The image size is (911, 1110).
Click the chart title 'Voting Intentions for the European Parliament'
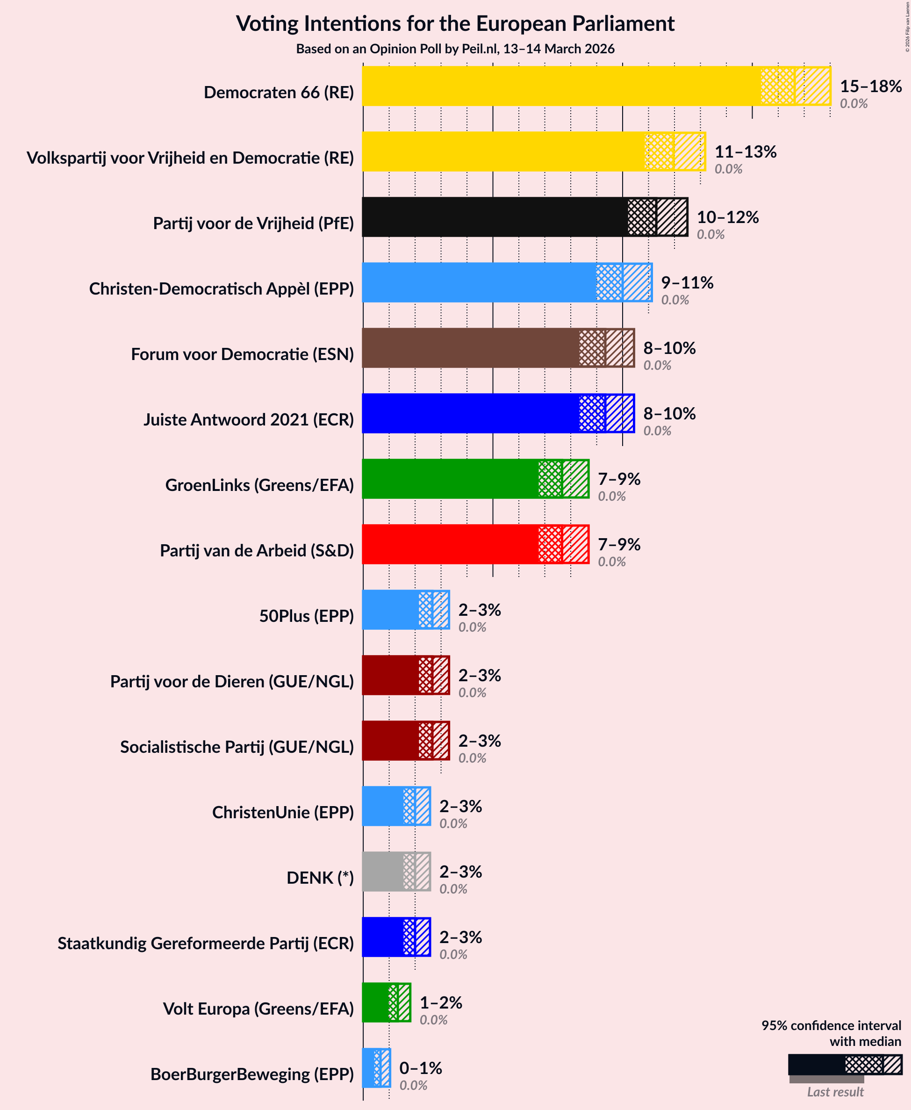455,24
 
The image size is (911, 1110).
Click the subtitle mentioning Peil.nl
455,49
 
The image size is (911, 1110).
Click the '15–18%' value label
871,86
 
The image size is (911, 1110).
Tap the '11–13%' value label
745,151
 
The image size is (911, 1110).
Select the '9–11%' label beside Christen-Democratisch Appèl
687,282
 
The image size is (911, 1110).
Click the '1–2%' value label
441,1002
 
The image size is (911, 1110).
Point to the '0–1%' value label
420,1068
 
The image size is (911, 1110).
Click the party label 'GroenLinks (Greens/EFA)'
259,485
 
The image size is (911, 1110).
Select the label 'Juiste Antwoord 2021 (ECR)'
249,419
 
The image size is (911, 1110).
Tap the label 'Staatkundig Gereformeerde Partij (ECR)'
206,943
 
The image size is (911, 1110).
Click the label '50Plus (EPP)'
307,616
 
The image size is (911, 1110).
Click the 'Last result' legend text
835,1092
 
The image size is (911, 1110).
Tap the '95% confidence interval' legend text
831,1025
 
